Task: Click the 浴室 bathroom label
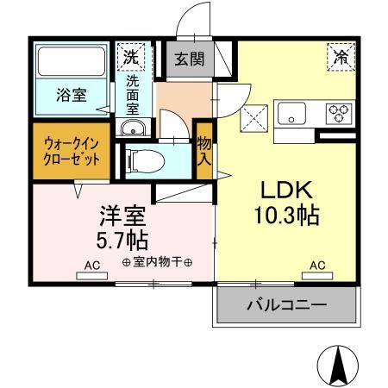(72, 96)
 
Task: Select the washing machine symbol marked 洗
(131, 58)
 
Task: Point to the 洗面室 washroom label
(134, 95)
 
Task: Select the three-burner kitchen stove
(338, 112)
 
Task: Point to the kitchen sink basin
(291, 112)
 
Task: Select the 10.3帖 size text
(286, 216)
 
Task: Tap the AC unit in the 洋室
(92, 275)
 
